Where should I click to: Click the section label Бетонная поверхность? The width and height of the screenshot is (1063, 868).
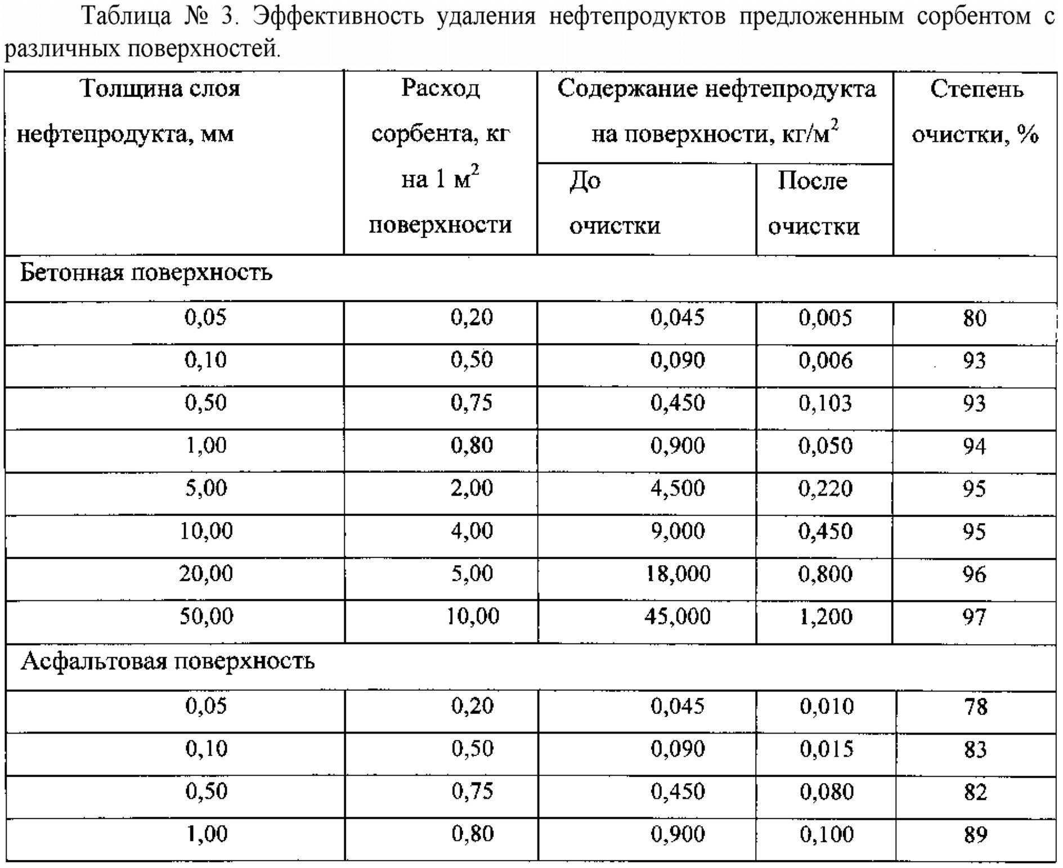pos(146,273)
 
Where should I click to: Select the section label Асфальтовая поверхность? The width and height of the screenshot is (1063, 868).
pos(167,662)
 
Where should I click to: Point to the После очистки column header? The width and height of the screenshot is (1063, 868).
pos(813,203)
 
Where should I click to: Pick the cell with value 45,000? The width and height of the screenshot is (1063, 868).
pos(678,617)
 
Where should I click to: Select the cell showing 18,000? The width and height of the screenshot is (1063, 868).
pos(678,574)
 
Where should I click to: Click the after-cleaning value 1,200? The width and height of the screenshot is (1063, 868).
pos(826,617)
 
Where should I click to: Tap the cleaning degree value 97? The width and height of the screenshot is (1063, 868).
pos(974,617)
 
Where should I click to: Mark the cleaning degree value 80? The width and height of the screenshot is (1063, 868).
pos(974,318)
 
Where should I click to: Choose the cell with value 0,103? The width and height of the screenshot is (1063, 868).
pos(826,403)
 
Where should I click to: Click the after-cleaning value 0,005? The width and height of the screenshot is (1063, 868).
pos(826,318)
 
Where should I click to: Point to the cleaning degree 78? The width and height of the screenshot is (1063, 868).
pos(975,707)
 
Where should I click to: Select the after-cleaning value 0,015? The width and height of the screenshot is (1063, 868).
pos(827,749)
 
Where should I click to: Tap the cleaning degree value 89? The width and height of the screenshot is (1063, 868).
pos(975,834)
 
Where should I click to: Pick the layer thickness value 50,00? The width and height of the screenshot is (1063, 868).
pos(206,617)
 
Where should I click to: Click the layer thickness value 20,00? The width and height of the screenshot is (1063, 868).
pos(206,574)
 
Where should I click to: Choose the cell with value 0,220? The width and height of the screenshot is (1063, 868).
pos(826,488)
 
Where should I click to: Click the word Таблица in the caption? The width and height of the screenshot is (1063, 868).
pos(127,17)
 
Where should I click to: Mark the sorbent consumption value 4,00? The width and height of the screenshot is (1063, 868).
pos(472,531)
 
